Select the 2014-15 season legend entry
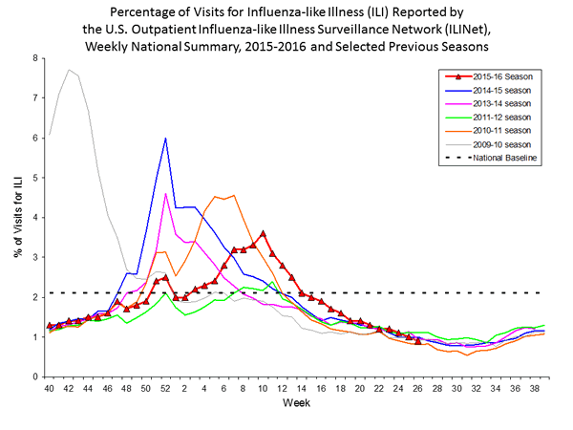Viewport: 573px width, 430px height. [482, 90]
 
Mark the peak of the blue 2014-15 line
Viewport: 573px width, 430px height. [166, 139]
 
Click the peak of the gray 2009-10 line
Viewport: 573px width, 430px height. [69, 70]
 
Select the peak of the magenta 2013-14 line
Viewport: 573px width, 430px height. [166, 194]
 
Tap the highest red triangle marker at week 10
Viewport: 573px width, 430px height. [263, 233]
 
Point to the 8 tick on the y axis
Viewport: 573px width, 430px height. [35, 58]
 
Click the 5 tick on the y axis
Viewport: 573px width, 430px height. [35, 178]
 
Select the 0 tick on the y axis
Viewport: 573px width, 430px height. [35, 376]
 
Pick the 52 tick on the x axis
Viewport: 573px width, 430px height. [166, 389]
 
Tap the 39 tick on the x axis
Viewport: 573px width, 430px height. [544, 389]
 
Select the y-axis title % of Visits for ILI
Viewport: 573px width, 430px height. [16, 217]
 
